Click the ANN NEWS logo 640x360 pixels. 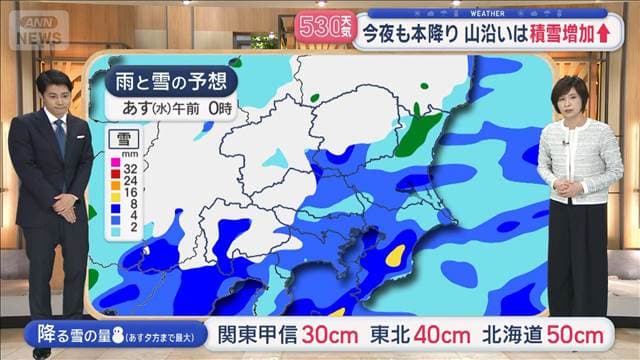coord(37,28)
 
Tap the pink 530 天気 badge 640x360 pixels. coord(325,26)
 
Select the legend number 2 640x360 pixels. coord(131,229)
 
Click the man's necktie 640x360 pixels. coord(60,136)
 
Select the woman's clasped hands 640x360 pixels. coord(567,186)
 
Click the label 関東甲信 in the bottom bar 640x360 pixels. coord(254,333)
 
